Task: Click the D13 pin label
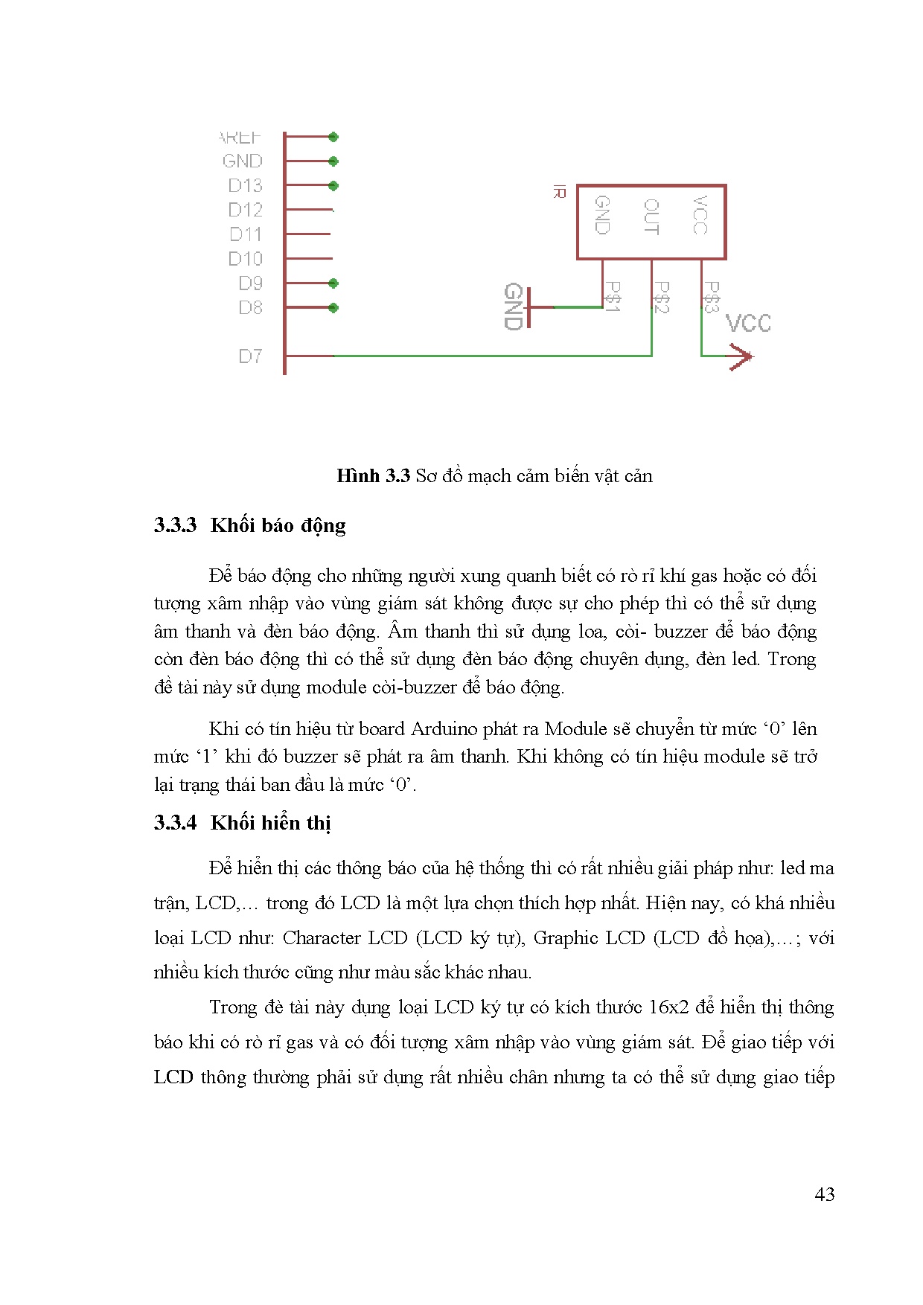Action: click(x=245, y=185)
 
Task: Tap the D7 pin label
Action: click(x=250, y=356)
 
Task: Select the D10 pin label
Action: click(x=245, y=259)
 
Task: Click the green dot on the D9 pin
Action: click(x=333, y=283)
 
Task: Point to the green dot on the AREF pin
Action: click(x=333, y=137)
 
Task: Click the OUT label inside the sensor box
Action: click(x=651, y=217)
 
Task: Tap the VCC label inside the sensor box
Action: click(x=700, y=216)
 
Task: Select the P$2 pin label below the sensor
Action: click(x=661, y=297)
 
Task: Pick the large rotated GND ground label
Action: click(x=513, y=307)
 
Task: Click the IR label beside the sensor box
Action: click(x=560, y=193)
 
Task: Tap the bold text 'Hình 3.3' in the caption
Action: click(x=373, y=476)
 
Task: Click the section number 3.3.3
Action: click(x=175, y=525)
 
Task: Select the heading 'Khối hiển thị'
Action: click(x=270, y=823)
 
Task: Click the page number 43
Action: click(x=824, y=1194)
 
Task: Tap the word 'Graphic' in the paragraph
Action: click(x=566, y=938)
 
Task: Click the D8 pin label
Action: click(x=250, y=308)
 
